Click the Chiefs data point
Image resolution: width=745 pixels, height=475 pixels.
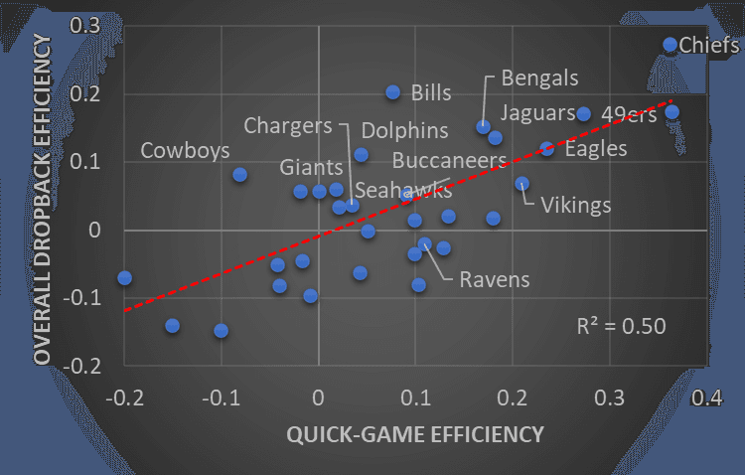670,45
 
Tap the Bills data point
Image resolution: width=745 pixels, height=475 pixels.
392,92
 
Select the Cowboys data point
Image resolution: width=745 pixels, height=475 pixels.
239,174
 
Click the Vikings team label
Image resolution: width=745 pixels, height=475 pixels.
575,206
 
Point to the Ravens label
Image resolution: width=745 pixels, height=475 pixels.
494,279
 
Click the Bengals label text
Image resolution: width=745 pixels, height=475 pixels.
539,78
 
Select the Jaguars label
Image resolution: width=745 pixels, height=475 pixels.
537,112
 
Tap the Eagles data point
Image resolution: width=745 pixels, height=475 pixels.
546,148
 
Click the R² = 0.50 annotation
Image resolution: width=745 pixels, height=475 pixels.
621,325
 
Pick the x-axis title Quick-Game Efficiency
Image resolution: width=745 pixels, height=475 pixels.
415,434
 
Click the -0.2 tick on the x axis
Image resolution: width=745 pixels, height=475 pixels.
124,397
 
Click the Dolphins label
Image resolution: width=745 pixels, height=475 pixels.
404,130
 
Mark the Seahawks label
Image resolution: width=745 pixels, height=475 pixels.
403,191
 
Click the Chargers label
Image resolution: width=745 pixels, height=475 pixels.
287,126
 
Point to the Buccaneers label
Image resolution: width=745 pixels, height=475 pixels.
449,160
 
